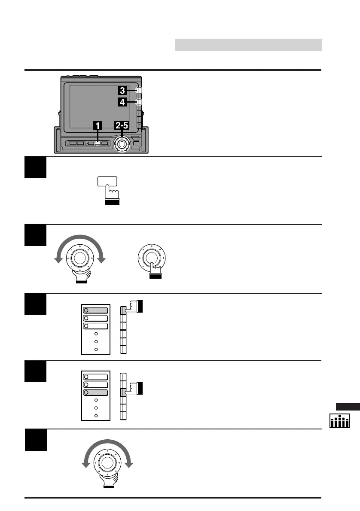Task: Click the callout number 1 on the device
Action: pyautogui.click(x=98, y=125)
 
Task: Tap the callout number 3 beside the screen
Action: pyautogui.click(x=122, y=90)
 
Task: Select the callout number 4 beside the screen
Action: pyautogui.click(x=122, y=102)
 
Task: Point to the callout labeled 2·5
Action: pyautogui.click(x=121, y=125)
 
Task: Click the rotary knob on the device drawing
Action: pyautogui.click(x=122, y=144)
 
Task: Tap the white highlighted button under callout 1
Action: pyautogui.click(x=98, y=143)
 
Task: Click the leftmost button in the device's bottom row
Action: pyautogui.click(x=73, y=143)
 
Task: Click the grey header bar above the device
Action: pyautogui.click(x=248, y=45)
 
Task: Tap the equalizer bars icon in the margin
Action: pyautogui.click(x=339, y=421)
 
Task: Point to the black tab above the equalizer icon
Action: pyautogui.click(x=348, y=407)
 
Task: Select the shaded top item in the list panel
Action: pyautogui.click(x=96, y=310)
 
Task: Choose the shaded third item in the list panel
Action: pyautogui.click(x=96, y=392)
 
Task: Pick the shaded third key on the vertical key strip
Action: pyautogui.click(x=124, y=392)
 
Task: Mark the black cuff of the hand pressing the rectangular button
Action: pyautogui.click(x=112, y=202)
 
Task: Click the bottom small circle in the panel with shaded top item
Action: pyautogui.click(x=96, y=349)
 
